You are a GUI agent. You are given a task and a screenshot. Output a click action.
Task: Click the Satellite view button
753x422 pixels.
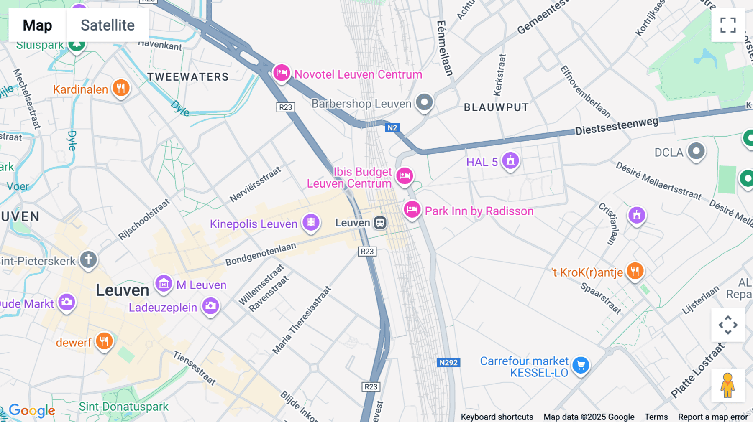[108, 25]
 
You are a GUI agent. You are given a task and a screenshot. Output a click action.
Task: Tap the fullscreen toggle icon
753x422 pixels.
[728, 25]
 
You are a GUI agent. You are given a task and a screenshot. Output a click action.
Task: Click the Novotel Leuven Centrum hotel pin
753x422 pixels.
[282, 73]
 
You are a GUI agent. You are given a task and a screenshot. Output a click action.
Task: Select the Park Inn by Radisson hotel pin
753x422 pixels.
[412, 210]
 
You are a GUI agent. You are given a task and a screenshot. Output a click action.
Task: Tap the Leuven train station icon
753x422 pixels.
[380, 223]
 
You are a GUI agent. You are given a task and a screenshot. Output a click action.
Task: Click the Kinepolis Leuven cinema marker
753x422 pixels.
[311, 222]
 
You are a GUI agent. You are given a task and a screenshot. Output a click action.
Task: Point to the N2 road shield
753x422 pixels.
[392, 128]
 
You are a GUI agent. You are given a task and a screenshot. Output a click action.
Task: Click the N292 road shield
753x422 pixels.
[448, 363]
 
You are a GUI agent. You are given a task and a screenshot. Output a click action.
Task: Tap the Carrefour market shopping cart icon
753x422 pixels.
[581, 366]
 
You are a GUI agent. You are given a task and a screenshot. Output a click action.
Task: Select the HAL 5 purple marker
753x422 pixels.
[510, 160]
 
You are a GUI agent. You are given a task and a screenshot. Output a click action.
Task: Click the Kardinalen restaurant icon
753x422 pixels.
[121, 88]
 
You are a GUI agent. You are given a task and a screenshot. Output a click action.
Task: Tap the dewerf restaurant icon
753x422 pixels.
[104, 341]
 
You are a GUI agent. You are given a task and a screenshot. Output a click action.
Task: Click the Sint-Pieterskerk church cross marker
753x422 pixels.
[88, 259]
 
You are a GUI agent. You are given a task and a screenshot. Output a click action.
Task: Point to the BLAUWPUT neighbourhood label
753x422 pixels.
[496, 107]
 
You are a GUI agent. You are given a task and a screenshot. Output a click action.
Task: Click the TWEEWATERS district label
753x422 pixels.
[188, 77]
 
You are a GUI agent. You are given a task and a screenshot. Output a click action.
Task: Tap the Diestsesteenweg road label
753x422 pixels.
[617, 126]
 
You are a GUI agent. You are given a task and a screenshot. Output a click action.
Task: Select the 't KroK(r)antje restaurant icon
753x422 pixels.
[635, 271]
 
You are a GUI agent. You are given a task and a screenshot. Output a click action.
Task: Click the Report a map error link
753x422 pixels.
[712, 417]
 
